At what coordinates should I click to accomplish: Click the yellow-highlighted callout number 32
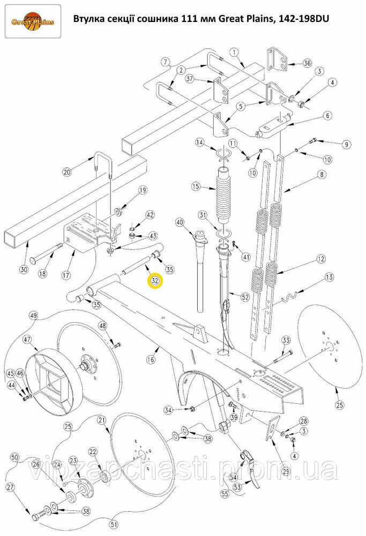pos(154,281)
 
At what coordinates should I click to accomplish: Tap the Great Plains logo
pos(33,21)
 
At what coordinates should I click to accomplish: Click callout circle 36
pos(307,63)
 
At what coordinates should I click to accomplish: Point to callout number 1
pos(235,52)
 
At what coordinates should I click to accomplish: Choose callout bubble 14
pos(200,142)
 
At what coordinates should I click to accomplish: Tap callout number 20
pos(68,172)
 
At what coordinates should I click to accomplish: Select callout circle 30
pos(23,270)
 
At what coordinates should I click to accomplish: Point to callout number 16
pos(151,359)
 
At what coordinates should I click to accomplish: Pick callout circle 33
pos(286,340)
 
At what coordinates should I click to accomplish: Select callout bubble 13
pos(329,277)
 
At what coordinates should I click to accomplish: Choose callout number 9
pos(346,145)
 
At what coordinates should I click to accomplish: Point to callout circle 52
pos(245,297)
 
